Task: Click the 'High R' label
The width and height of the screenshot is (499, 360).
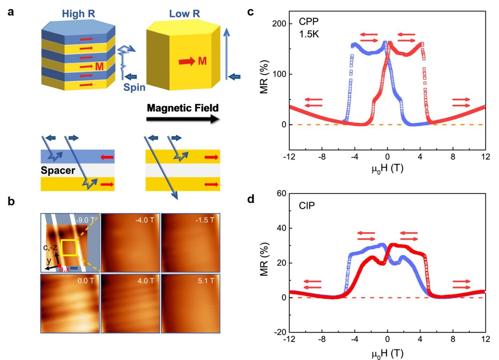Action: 78,14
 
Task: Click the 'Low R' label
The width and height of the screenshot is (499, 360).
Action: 184,14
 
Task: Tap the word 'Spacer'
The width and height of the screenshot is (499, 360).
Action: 57,170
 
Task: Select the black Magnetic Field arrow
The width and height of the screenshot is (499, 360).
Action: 183,119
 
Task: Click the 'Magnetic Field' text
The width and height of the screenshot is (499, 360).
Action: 183,108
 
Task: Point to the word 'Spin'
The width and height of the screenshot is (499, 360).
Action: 134,87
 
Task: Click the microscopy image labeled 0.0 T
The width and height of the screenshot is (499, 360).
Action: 70,304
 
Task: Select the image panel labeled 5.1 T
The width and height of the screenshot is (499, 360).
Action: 190,304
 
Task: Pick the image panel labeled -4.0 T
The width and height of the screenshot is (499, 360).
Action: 130,243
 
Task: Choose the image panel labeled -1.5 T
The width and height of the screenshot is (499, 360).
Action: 190,243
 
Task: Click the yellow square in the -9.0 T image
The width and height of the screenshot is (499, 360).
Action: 69,248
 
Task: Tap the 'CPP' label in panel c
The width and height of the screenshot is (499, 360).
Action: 309,22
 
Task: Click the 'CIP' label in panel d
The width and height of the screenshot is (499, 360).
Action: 306,206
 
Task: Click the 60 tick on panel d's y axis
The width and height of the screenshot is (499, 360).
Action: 281,194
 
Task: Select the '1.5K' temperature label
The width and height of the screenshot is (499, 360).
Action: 309,34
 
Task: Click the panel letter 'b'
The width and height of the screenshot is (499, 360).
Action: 11,201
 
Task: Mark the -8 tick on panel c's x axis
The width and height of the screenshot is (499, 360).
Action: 322,157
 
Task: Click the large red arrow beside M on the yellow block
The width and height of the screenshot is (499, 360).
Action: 187,62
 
